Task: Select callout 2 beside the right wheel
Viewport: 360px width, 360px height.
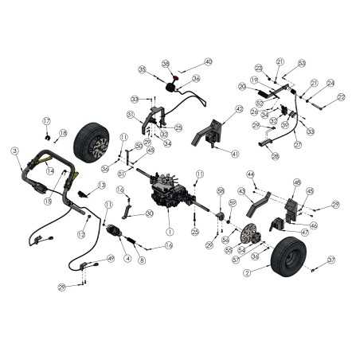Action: [247, 273]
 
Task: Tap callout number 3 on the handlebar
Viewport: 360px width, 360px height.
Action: [14, 150]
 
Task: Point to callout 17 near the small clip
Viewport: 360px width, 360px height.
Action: [47, 120]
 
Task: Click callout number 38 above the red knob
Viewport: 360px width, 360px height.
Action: [166, 63]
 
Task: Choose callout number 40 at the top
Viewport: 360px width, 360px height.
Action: [209, 61]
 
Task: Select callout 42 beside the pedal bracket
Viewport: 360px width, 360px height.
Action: [240, 109]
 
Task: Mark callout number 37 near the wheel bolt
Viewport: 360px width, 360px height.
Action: [331, 260]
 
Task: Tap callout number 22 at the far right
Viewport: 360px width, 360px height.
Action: [341, 97]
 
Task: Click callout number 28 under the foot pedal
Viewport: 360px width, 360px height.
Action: [275, 157]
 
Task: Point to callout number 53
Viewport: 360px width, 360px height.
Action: [302, 62]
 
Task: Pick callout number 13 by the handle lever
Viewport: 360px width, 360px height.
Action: [102, 185]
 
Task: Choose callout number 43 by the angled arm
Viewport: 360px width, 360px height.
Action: [242, 191]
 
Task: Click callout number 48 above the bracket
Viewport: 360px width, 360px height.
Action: [296, 182]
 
